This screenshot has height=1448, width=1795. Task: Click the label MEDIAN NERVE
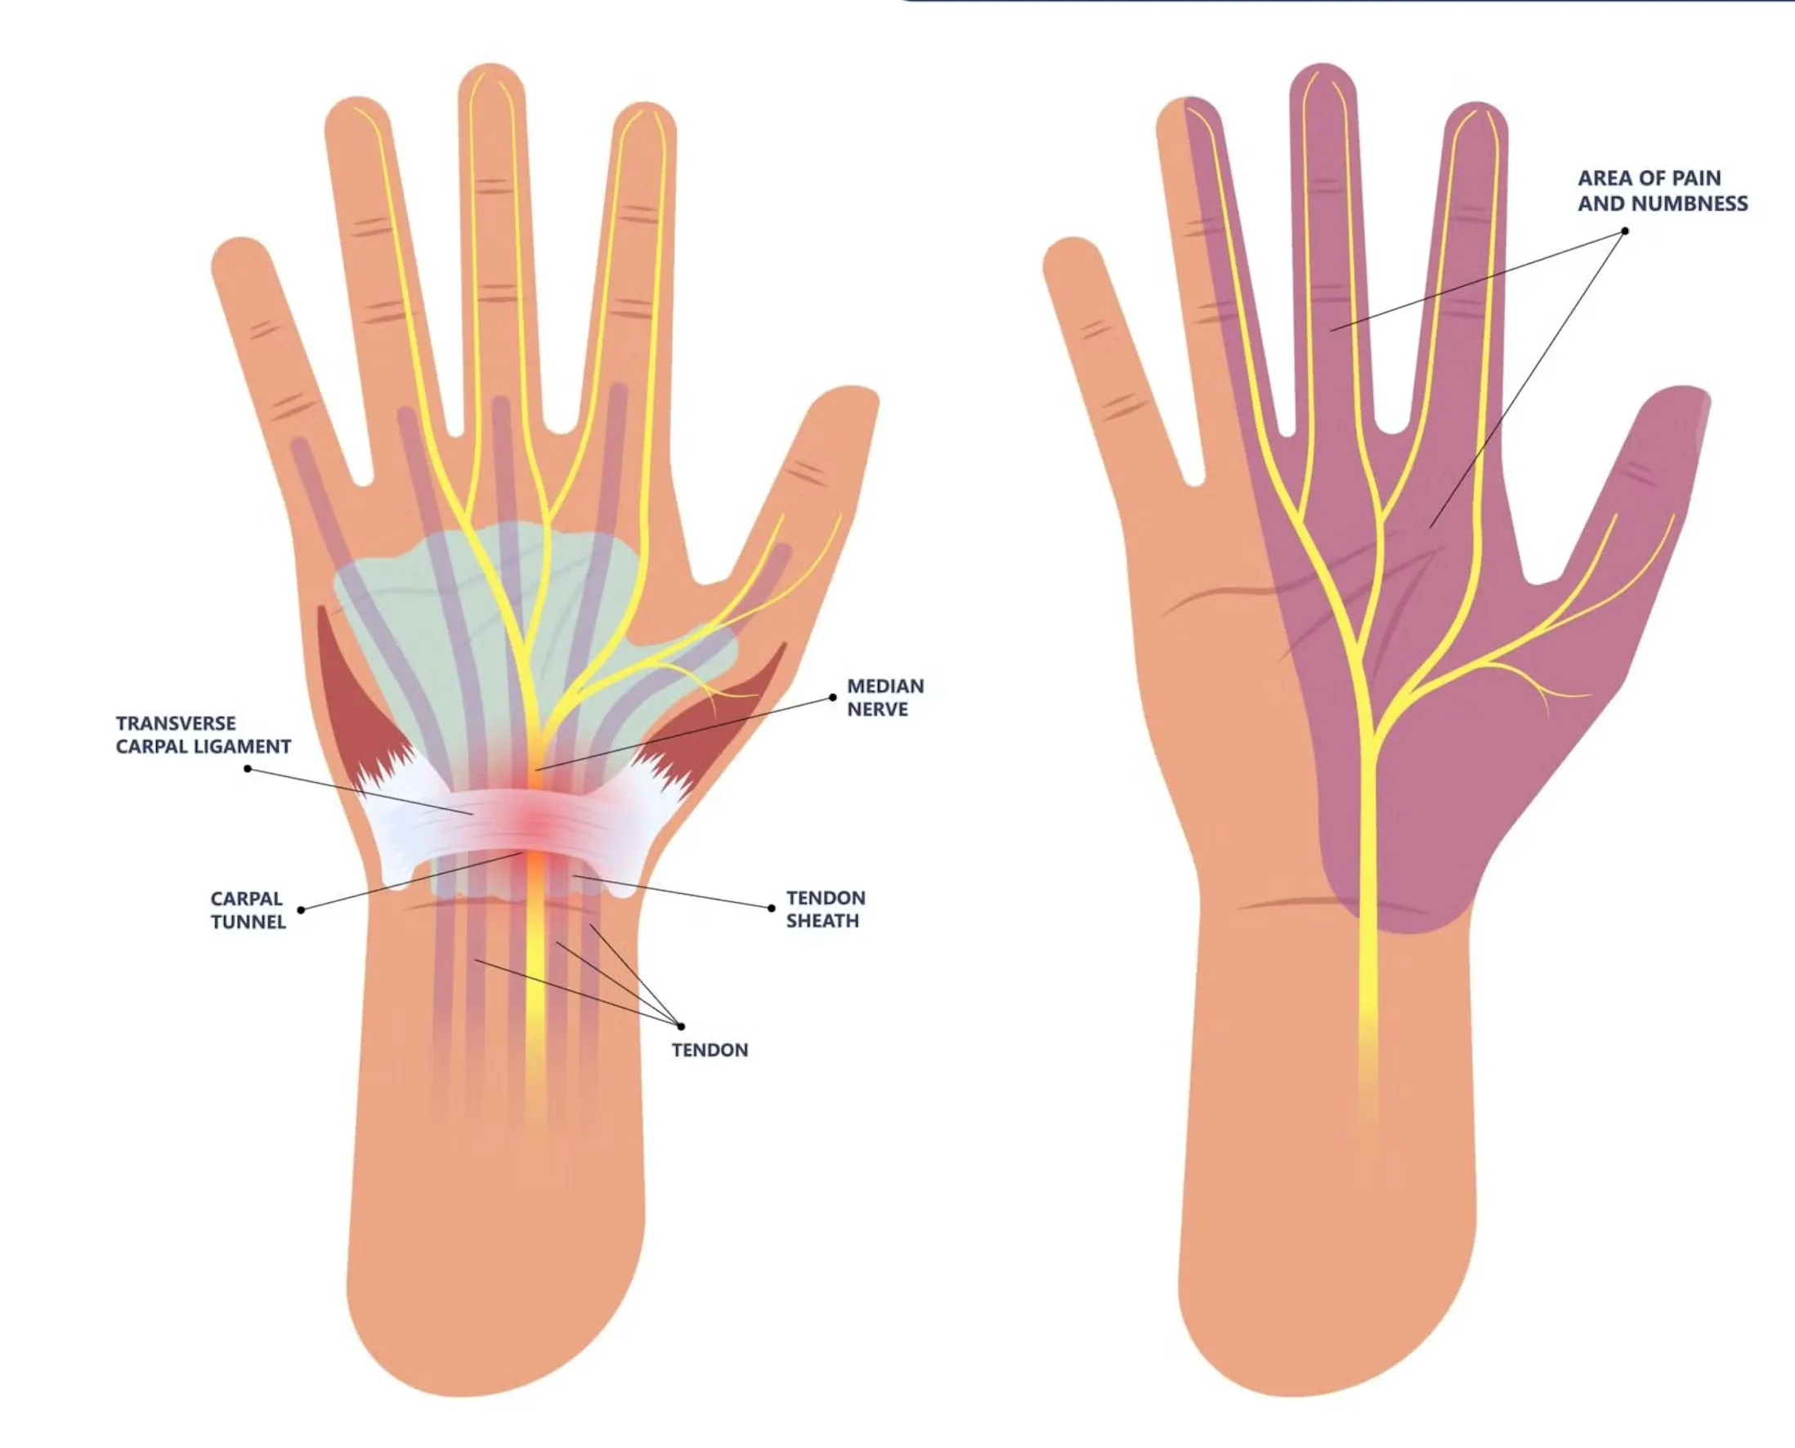click(885, 697)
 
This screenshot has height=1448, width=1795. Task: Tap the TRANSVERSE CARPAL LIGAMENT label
click(203, 735)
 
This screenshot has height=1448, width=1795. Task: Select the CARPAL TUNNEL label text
click(248, 910)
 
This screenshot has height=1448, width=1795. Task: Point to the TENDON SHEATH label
click(825, 909)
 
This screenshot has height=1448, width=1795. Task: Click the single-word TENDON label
click(709, 1050)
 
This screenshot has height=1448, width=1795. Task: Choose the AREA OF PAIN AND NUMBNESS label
click(1662, 191)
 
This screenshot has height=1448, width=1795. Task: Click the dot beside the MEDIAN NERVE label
click(832, 697)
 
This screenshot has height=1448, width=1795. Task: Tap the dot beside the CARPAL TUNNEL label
click(301, 910)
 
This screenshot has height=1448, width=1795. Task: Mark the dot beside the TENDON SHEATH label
click(772, 909)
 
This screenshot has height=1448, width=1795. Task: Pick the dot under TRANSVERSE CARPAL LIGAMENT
click(248, 768)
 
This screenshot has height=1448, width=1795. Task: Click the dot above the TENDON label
click(682, 1026)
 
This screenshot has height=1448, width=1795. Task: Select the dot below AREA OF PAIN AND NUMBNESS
click(1625, 231)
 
